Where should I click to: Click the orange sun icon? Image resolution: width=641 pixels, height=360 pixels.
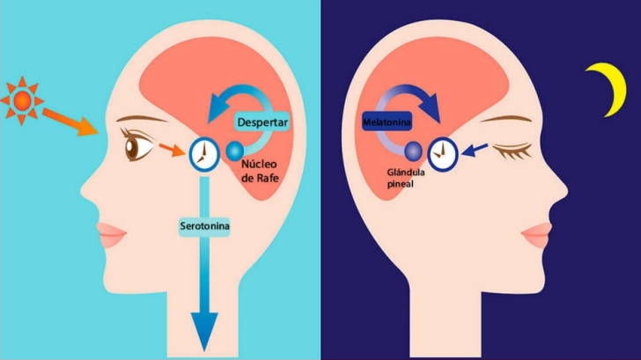(x=22, y=100)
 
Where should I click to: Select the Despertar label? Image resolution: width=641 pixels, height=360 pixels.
(x=262, y=121)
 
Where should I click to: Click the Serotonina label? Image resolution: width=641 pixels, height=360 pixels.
(x=204, y=226)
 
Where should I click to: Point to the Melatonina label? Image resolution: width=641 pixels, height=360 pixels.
(x=387, y=121)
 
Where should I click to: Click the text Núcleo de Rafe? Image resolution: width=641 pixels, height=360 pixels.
(x=260, y=171)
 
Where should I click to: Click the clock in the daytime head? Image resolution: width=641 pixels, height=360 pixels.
(x=204, y=154)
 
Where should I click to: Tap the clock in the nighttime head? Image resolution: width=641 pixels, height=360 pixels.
(x=442, y=154)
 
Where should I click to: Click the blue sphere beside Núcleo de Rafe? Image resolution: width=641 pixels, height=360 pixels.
(x=235, y=151)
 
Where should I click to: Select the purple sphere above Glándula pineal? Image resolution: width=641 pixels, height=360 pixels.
(x=413, y=151)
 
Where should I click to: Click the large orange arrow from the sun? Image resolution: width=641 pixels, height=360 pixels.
(x=70, y=121)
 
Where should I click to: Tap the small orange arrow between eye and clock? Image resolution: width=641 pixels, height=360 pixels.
(x=172, y=150)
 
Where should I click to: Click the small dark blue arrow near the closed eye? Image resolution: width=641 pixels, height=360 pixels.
(x=475, y=150)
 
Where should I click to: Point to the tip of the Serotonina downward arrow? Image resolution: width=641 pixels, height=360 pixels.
(x=204, y=351)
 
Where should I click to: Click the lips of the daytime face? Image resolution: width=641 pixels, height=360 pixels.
(x=111, y=235)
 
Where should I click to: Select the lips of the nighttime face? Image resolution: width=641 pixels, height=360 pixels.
(x=536, y=235)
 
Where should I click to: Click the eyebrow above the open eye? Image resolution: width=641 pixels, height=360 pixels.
(x=142, y=119)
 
